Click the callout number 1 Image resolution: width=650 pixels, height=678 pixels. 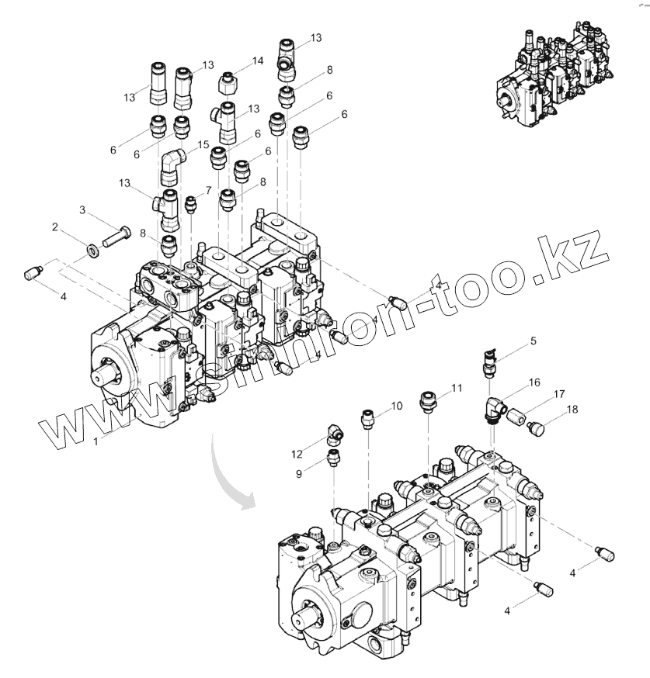click(96, 441)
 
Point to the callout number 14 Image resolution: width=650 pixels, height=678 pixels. click(257, 60)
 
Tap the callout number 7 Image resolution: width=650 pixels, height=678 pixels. click(207, 190)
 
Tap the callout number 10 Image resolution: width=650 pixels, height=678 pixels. click(396, 405)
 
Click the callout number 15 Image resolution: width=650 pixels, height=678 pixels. click(203, 144)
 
